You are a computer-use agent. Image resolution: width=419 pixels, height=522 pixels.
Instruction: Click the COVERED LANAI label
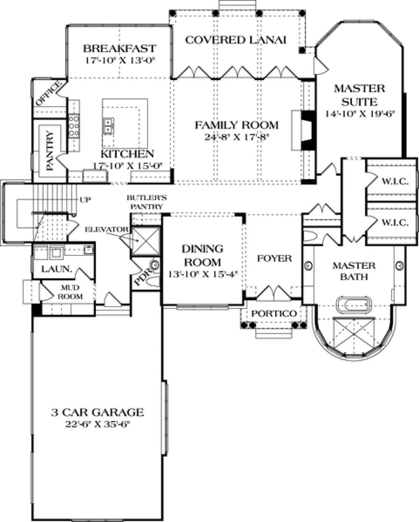[x=236, y=40]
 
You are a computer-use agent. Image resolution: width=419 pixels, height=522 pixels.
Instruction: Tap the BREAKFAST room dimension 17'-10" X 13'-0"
[x=120, y=60]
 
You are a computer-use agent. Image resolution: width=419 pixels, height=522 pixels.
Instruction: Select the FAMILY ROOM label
[x=237, y=125]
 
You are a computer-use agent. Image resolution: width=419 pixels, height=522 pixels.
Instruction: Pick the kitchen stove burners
[x=74, y=126]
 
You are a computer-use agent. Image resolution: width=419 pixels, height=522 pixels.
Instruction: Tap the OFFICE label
[x=48, y=94]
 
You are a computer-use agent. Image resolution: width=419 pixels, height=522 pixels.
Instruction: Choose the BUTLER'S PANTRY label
[x=147, y=202]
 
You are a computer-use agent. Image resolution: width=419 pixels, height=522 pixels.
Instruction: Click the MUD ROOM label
[x=70, y=292]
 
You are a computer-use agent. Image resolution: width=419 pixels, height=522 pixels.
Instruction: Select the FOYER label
[x=274, y=258]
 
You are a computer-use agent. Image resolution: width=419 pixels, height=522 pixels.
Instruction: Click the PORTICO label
[x=274, y=313]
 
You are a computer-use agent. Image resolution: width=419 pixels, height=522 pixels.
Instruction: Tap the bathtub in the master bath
[x=354, y=304]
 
